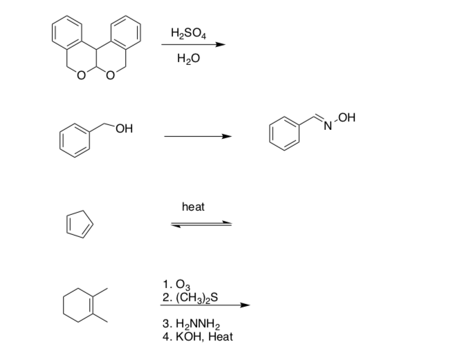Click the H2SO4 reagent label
click(187, 32)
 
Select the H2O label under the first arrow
click(187, 60)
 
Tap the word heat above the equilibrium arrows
click(193, 207)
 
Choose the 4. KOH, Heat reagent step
click(196, 337)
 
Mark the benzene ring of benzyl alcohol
click(73, 136)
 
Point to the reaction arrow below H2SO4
click(194, 46)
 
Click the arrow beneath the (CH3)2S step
click(204, 305)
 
